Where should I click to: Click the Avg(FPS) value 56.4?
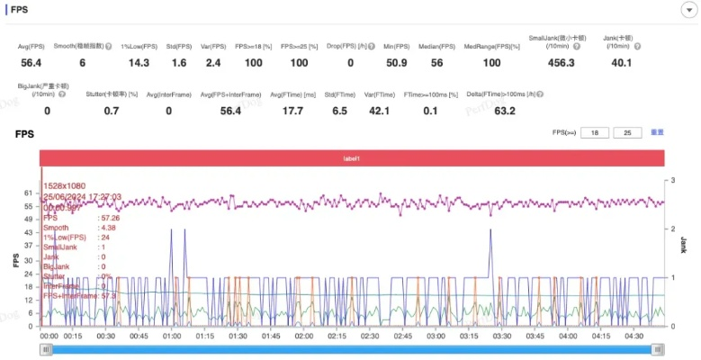tap(31, 63)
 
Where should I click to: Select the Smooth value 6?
tap(82, 63)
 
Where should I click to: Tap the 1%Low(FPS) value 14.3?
tap(139, 63)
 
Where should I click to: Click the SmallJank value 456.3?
tap(560, 63)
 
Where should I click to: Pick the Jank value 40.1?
tap(621, 63)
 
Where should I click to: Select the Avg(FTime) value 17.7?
tap(292, 111)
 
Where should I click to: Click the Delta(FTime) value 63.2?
tap(505, 111)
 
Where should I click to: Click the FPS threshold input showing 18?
tap(594, 132)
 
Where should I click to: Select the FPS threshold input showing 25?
tap(627, 132)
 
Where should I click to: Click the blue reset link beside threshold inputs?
tap(657, 132)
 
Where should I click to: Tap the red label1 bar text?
tap(352, 158)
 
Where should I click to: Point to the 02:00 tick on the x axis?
tap(303, 337)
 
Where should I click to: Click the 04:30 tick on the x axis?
tap(634, 337)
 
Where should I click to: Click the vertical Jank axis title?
tap(684, 245)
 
